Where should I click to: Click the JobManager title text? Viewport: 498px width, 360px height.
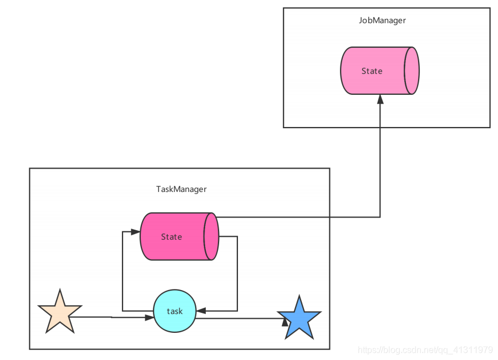tap(382, 21)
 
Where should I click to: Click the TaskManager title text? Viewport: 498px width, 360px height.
tap(181, 189)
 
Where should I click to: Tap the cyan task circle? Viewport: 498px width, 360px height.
tap(174, 311)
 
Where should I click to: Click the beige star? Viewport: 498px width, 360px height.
tap(59, 313)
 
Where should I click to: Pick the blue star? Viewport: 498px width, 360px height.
tap(299, 319)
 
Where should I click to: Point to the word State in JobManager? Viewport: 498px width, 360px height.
tap(372, 71)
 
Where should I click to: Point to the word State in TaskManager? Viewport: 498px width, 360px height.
tap(171, 237)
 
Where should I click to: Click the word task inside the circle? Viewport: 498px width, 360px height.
tap(175, 311)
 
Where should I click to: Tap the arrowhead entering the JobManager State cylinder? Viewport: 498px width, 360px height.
tap(380, 99)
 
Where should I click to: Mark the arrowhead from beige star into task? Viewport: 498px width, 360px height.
tap(149, 318)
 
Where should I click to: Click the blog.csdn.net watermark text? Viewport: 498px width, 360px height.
tap(425, 350)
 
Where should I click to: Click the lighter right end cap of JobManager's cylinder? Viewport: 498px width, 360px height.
tap(411, 71)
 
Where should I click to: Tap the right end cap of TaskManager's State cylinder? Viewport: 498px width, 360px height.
tap(211, 236)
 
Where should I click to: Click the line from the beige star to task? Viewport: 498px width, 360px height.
tap(111, 317)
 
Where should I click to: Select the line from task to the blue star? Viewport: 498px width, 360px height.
tap(238, 318)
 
